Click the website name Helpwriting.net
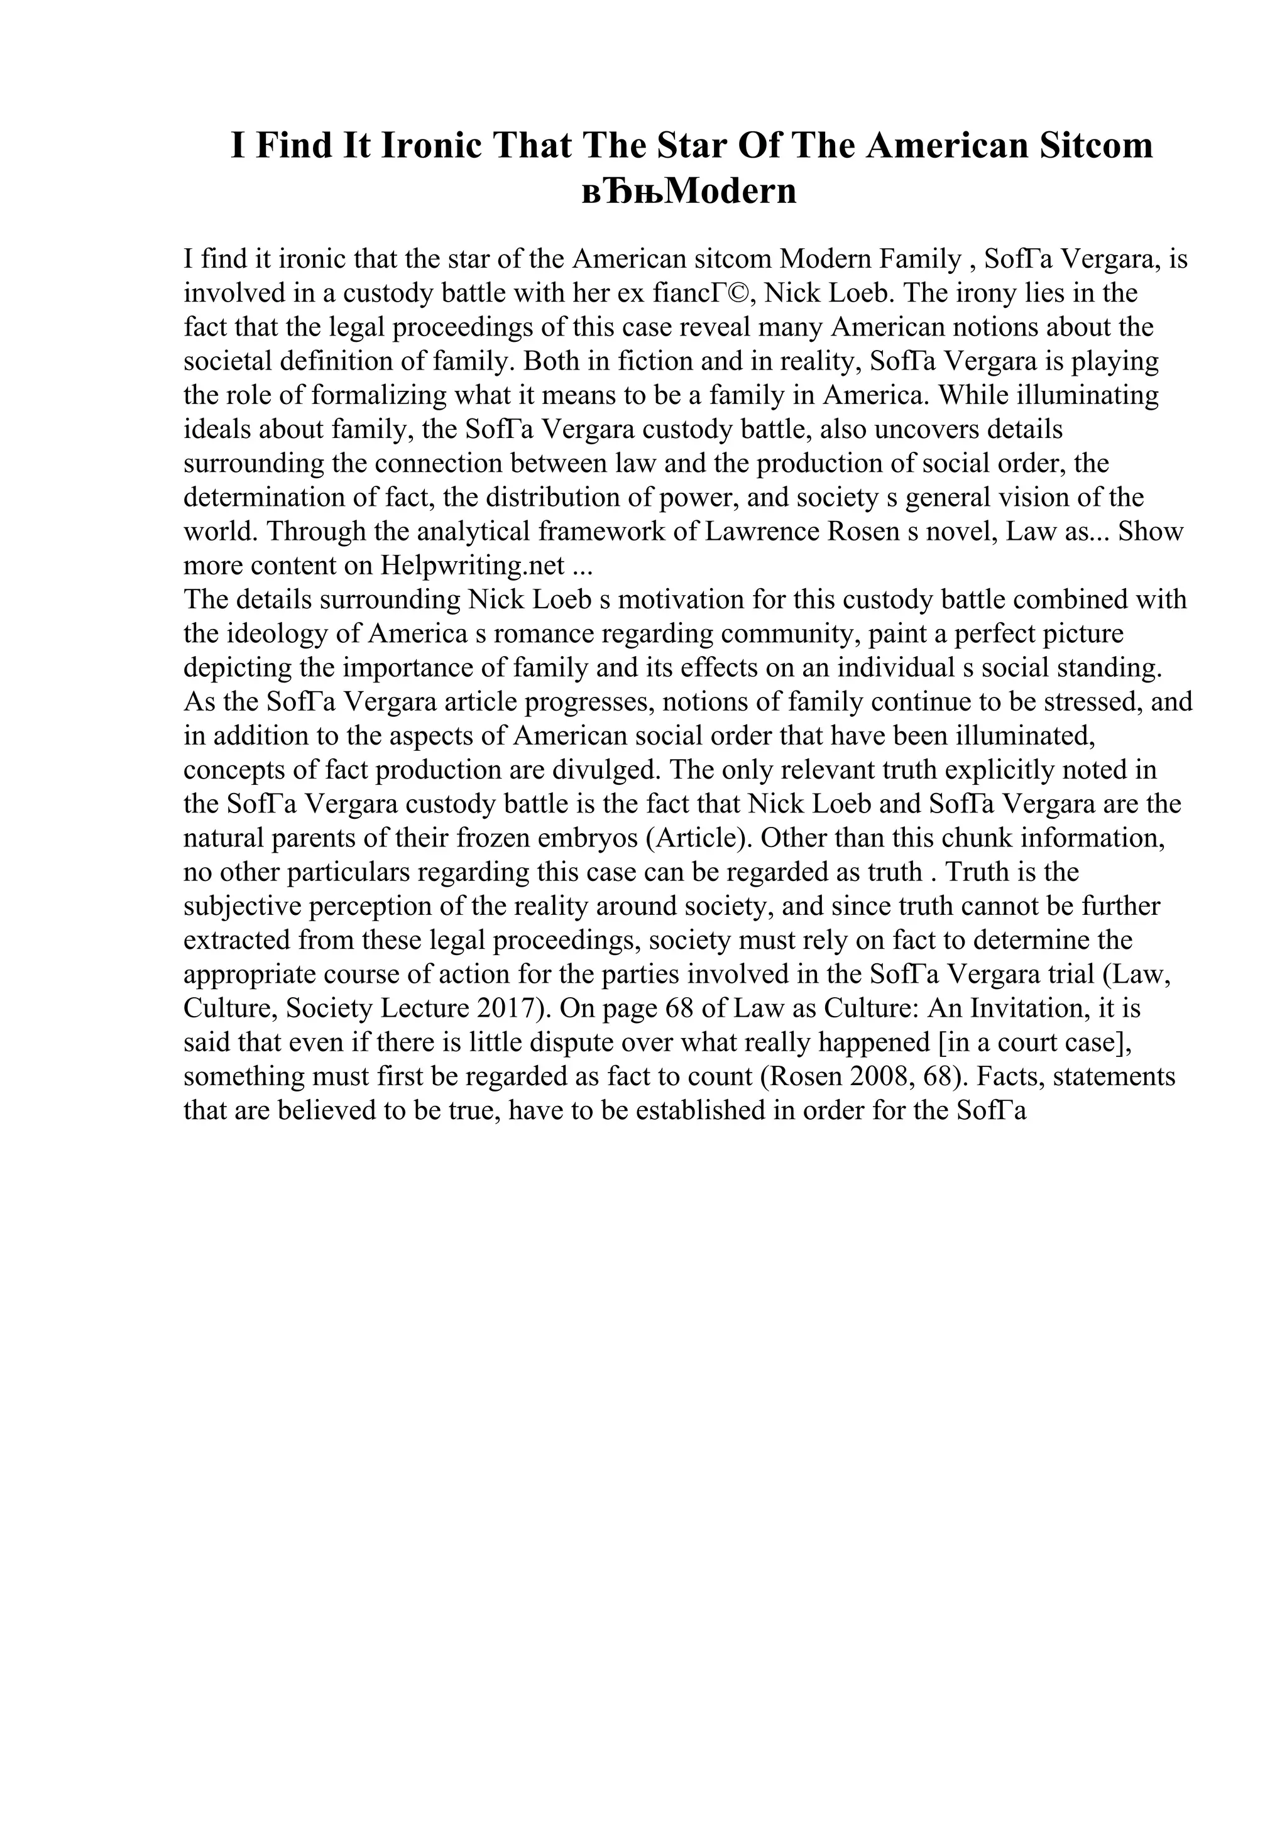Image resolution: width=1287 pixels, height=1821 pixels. (x=473, y=566)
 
